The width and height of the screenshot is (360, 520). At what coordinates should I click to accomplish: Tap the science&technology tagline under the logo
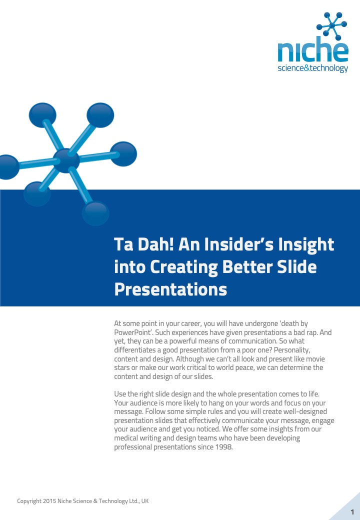click(x=313, y=68)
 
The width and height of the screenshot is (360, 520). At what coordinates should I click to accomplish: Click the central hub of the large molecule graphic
click(x=66, y=160)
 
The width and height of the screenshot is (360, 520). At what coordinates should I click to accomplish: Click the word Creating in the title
click(x=184, y=267)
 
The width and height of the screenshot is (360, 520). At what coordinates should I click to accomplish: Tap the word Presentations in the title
click(x=170, y=289)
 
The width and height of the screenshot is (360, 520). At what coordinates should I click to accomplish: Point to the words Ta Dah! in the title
click(x=144, y=244)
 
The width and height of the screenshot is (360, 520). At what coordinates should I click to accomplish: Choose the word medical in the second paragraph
click(x=126, y=438)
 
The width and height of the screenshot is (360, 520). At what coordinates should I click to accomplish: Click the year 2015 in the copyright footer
click(x=49, y=501)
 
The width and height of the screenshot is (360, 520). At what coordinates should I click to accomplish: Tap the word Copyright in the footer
click(x=29, y=501)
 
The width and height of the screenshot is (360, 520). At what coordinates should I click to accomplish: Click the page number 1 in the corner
click(x=352, y=512)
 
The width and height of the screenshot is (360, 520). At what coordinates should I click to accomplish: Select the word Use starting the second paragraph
click(x=120, y=394)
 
